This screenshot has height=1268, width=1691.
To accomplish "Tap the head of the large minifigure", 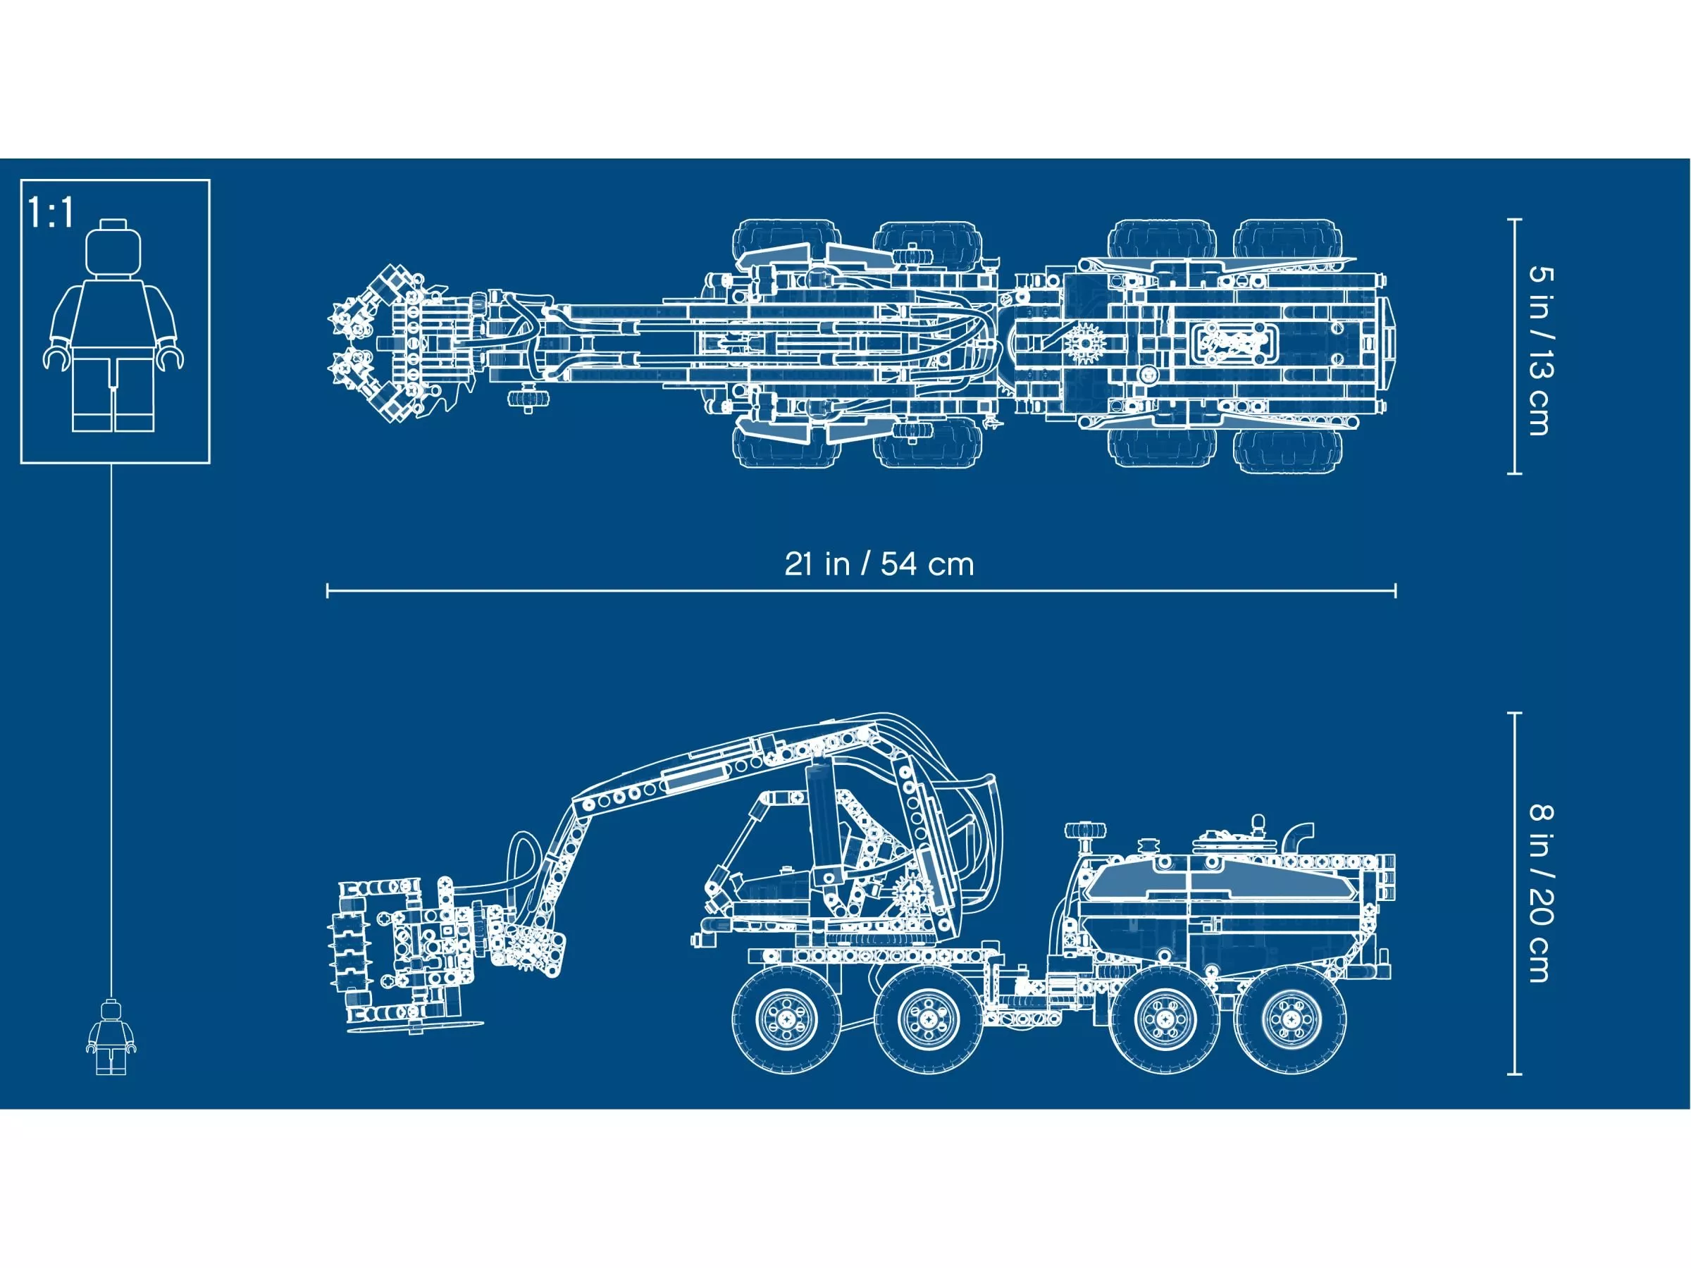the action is [114, 249].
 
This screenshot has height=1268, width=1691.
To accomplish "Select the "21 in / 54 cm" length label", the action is [879, 564].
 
